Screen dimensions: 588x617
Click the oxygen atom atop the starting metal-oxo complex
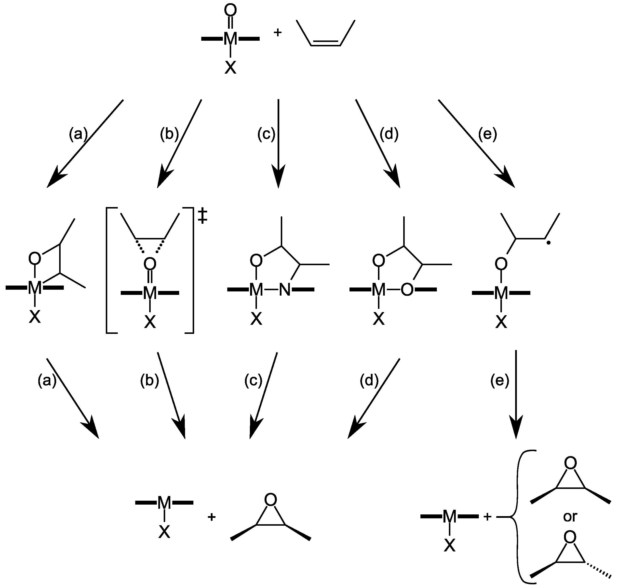230,10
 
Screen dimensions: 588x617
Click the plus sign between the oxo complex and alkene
278,33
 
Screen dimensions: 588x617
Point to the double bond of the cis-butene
326,43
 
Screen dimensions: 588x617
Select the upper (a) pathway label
78,134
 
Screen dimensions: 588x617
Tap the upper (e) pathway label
488,134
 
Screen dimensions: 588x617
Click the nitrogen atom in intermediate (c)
285,290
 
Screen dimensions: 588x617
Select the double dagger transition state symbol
202,216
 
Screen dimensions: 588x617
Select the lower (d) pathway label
369,380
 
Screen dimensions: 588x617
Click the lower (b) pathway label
149,380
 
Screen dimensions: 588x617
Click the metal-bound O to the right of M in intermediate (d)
407,290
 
